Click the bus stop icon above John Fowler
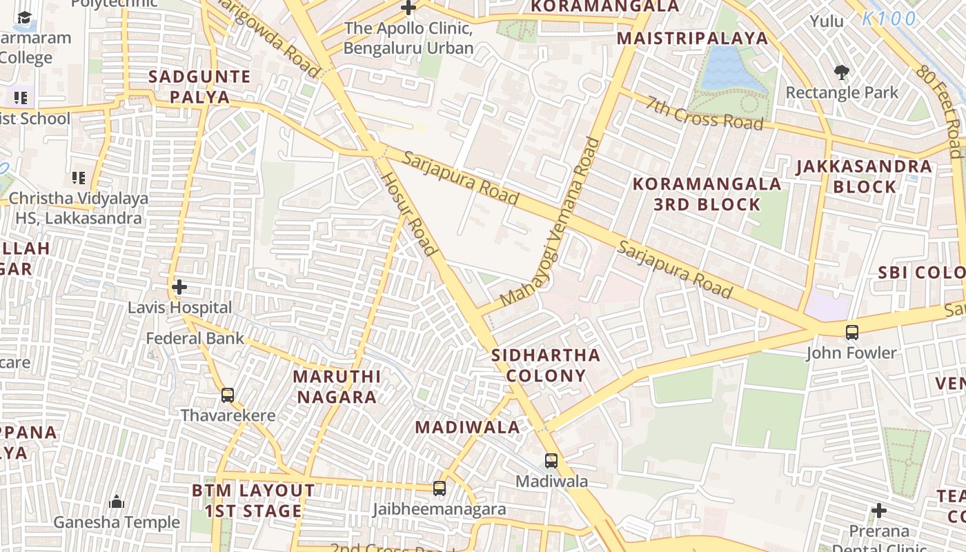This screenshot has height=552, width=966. [x=852, y=332]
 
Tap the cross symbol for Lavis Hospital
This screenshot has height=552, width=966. [x=179, y=286]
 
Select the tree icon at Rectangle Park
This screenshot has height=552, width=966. [x=841, y=72]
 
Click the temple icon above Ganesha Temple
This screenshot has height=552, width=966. [x=117, y=502]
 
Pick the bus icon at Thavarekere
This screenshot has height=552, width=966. [x=228, y=395]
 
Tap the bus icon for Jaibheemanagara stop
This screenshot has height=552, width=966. [x=440, y=489]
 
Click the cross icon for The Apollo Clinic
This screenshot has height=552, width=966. [x=408, y=8]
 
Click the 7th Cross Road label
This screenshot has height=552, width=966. [x=704, y=112]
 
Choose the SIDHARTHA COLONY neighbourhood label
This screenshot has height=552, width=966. [x=546, y=366]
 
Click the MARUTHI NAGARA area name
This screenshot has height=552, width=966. [x=336, y=386]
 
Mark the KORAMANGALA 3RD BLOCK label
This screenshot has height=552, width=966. [x=707, y=194]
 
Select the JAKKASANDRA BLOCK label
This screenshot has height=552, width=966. [x=864, y=176]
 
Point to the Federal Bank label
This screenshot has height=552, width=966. [x=195, y=338]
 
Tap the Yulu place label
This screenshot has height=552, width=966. [x=827, y=21]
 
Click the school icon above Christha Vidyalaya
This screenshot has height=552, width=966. [x=79, y=178]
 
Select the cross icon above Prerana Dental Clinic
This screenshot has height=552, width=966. [x=878, y=511]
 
